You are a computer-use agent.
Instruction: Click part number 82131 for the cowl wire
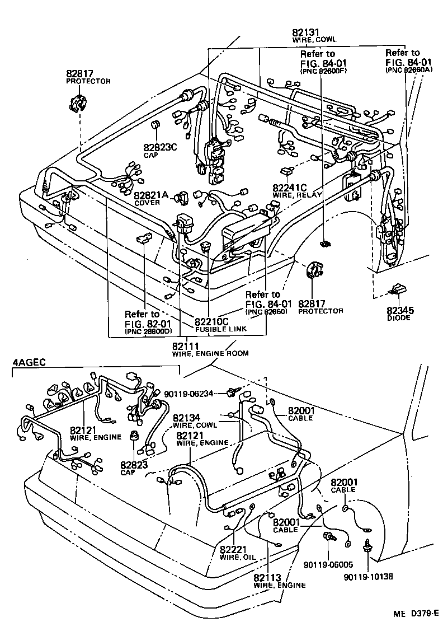click(x=307, y=32)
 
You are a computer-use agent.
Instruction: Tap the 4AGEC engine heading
click(x=27, y=362)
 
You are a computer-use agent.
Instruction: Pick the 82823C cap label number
click(x=159, y=148)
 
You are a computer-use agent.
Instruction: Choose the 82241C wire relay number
click(x=290, y=188)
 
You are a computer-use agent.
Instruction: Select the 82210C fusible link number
click(x=211, y=322)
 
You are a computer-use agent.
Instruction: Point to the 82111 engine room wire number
click(x=186, y=346)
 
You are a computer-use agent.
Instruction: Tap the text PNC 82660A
click(x=404, y=70)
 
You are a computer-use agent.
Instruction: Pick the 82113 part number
click(x=267, y=577)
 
